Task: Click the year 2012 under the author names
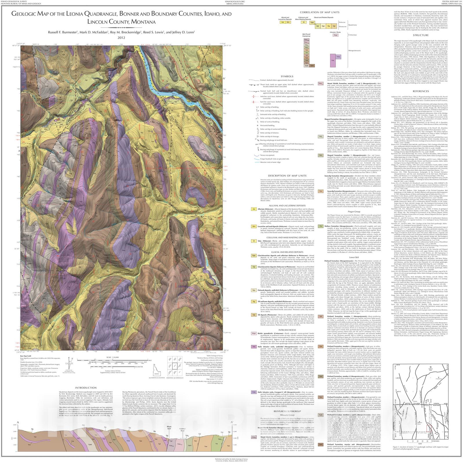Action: (x=121, y=37)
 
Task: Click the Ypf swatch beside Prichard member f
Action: (x=321, y=316)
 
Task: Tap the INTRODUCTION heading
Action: (x=86, y=388)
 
